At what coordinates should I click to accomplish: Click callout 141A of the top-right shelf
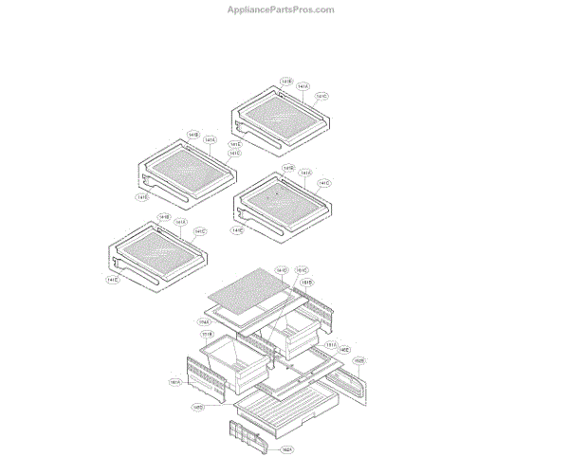tap(303, 87)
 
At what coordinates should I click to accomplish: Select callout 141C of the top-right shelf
tap(322, 96)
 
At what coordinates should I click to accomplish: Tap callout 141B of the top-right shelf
tap(286, 82)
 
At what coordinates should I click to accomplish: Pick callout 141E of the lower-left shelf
tap(112, 280)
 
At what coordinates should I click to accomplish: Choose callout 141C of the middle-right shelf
tap(324, 183)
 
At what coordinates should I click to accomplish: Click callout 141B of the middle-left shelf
tap(193, 136)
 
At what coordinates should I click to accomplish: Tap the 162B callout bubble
tap(359, 361)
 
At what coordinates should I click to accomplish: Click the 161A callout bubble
tap(175, 383)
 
